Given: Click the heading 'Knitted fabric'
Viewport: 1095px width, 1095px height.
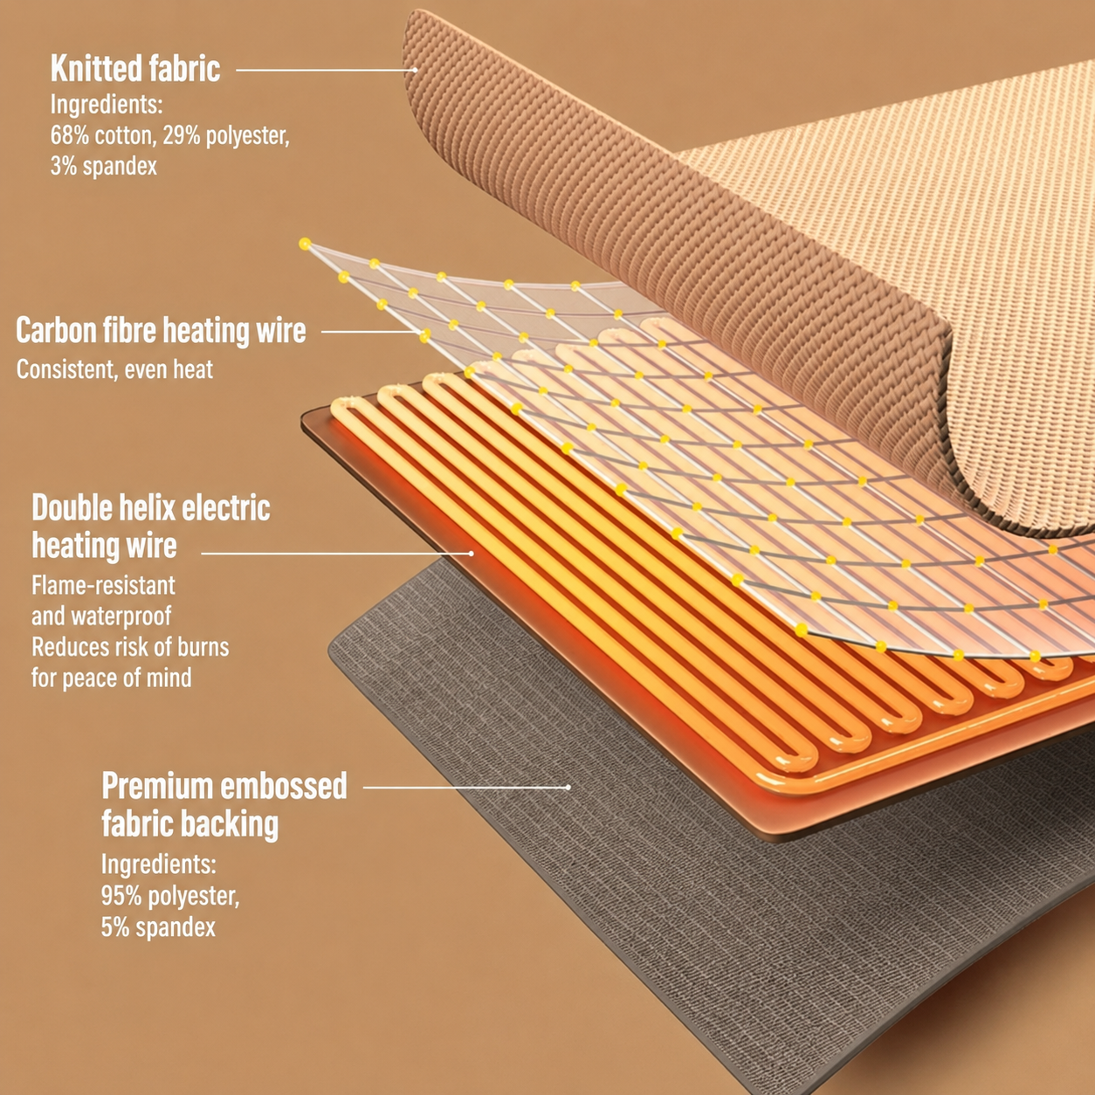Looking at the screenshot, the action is coord(135,68).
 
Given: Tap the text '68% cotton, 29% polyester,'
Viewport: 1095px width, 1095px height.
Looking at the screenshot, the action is coord(170,136).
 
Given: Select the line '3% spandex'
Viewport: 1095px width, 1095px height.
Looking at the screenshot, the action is coord(103,167).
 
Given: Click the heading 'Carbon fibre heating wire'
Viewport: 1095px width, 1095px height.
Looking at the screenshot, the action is coord(161,330).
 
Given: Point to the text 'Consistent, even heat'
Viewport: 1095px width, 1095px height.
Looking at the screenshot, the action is coord(114,369).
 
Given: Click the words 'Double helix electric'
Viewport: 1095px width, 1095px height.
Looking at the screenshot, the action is coord(150,507).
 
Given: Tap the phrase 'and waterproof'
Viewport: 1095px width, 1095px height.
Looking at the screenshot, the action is coord(101,616).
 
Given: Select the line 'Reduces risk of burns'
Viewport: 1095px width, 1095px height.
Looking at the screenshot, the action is coord(130,647).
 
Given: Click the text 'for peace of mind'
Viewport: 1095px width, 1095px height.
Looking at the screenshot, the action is coord(112,678).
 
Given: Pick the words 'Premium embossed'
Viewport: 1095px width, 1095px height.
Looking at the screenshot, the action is coord(224,786).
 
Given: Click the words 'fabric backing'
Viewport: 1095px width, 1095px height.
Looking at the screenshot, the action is coord(189,823).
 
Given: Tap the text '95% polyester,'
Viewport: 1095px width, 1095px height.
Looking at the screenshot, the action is coord(170,896).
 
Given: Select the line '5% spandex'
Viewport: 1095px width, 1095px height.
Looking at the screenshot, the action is coord(159,927).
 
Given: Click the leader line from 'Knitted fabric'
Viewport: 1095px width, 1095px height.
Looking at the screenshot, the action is coord(327,70).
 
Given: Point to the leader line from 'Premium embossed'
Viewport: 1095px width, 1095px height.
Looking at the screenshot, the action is coord(466,787).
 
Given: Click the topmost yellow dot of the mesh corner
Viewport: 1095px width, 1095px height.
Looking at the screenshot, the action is coord(305,244).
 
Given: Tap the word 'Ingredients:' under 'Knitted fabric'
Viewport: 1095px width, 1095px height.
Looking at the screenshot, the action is coord(107,105).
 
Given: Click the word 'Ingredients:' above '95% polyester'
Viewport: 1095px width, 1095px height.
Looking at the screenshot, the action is coord(159,864).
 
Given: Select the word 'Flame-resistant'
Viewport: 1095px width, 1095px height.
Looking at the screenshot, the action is coord(103,585).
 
